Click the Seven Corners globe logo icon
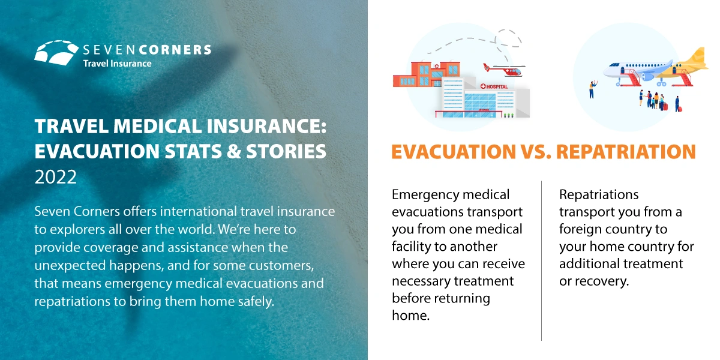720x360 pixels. coord(56,53)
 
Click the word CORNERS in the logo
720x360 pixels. coord(175,50)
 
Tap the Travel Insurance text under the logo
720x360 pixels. coord(118,64)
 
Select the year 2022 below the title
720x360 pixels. coord(56,177)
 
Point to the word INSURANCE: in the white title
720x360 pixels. coord(266,126)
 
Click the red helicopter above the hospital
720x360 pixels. coord(504,70)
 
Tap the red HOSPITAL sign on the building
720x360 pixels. coord(494,86)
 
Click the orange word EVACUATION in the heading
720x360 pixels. coord(454,152)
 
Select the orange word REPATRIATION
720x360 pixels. coord(626,152)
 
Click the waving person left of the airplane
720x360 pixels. coord(592,89)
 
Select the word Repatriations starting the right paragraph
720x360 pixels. coord(599,195)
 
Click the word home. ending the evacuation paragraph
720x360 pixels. coord(411,316)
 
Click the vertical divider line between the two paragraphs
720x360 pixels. coord(542,260)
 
